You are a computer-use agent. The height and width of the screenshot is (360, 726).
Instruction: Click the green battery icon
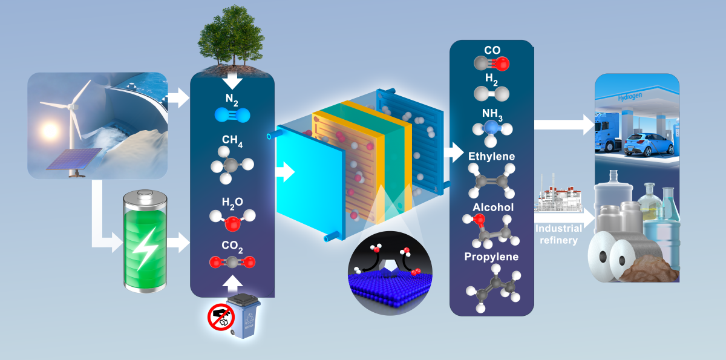(x=145, y=241)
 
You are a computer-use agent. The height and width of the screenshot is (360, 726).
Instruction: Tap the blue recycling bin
(x=243, y=316)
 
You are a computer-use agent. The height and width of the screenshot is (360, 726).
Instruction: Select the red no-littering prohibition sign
(x=221, y=317)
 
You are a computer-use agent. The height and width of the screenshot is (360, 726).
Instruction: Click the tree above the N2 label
(x=231, y=38)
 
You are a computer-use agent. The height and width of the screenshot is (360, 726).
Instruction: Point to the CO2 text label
(x=232, y=247)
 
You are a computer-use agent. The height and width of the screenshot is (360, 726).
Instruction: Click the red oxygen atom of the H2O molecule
(x=232, y=224)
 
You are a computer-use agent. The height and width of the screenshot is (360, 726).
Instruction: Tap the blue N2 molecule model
(x=232, y=115)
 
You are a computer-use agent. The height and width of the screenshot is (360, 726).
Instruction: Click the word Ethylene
(x=491, y=157)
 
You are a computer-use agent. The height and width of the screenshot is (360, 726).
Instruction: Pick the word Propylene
(x=491, y=257)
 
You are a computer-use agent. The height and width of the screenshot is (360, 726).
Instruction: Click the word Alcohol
(x=493, y=207)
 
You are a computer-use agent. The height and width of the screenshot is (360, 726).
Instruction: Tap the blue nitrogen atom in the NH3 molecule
(x=491, y=128)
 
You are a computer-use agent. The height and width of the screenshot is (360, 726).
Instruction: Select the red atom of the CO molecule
(x=502, y=64)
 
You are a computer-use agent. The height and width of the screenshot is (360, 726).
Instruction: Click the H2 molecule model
(x=491, y=94)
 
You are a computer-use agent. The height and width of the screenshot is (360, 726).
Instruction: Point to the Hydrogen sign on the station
(x=630, y=97)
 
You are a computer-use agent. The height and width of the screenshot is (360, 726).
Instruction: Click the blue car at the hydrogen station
(x=649, y=145)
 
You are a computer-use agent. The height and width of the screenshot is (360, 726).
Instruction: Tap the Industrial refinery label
(x=558, y=234)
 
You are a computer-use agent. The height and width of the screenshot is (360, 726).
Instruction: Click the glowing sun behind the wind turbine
(x=50, y=131)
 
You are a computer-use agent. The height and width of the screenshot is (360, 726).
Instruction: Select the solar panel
(x=74, y=159)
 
